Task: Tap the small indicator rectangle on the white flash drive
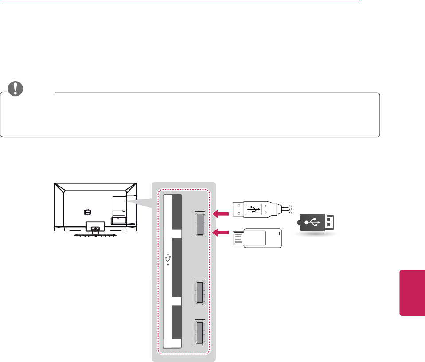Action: pyautogui.click(x=278, y=234)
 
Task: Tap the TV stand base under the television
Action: pyautogui.click(x=94, y=235)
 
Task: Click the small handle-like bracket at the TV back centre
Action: pyautogui.click(x=86, y=212)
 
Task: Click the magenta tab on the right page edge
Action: pyautogui.click(x=412, y=291)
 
